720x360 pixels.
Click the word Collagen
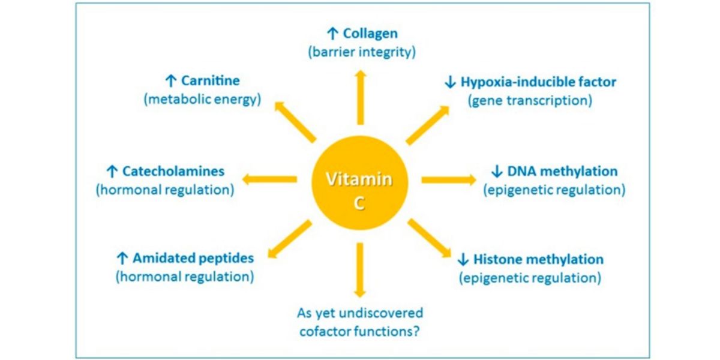(370, 34)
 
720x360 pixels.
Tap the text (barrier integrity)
(361, 52)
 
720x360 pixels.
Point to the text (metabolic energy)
(202, 99)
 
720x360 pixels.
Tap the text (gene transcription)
(530, 100)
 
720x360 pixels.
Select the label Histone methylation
(538, 259)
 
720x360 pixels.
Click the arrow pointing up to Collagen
(360, 96)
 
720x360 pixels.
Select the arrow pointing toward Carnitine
(295, 122)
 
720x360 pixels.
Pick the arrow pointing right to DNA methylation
(449, 179)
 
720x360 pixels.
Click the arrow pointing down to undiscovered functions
(359, 269)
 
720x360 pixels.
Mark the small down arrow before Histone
(463, 260)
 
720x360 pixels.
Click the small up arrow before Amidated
(122, 259)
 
